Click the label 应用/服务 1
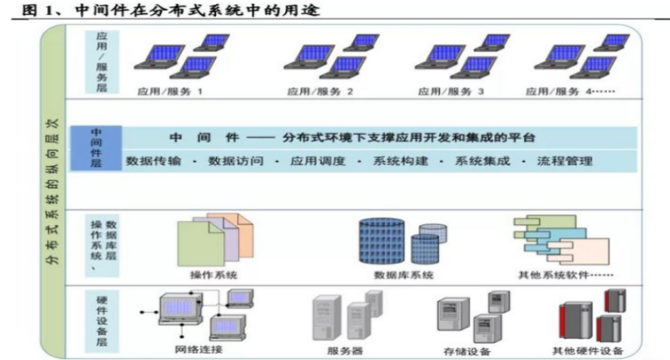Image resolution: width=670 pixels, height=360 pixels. click(x=170, y=91)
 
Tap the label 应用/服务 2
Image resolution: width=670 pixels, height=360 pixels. click(x=320, y=91)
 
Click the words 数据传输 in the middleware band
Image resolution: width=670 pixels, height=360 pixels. click(x=154, y=162)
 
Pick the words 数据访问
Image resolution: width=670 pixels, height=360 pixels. click(x=235, y=162)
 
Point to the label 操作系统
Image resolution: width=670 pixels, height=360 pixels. click(x=213, y=275)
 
